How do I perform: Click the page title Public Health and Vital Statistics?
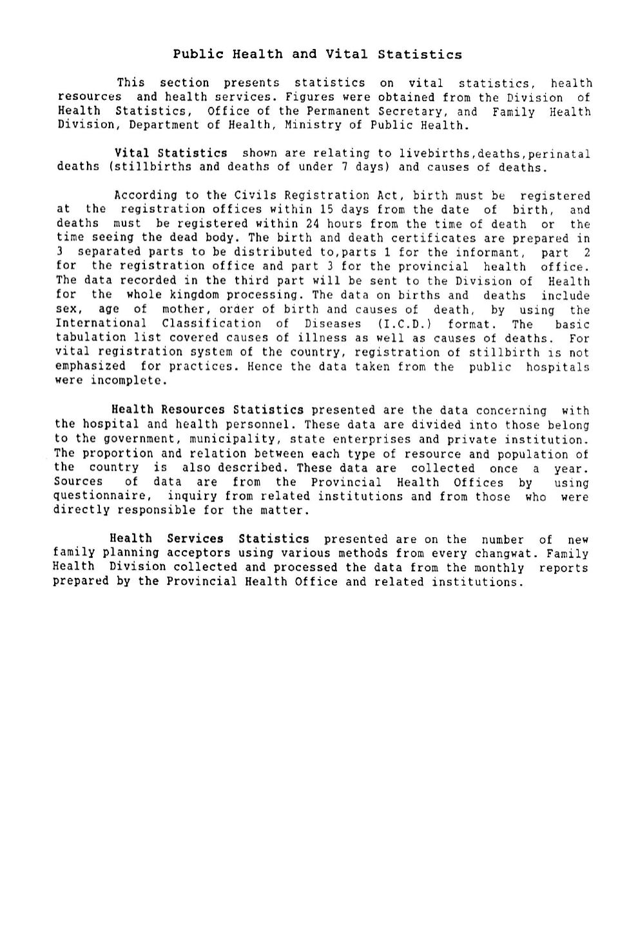point(317,54)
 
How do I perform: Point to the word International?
point(101,324)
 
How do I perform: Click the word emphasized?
point(91,366)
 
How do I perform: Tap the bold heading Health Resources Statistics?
point(207,409)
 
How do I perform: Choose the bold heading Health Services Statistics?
point(209,538)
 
